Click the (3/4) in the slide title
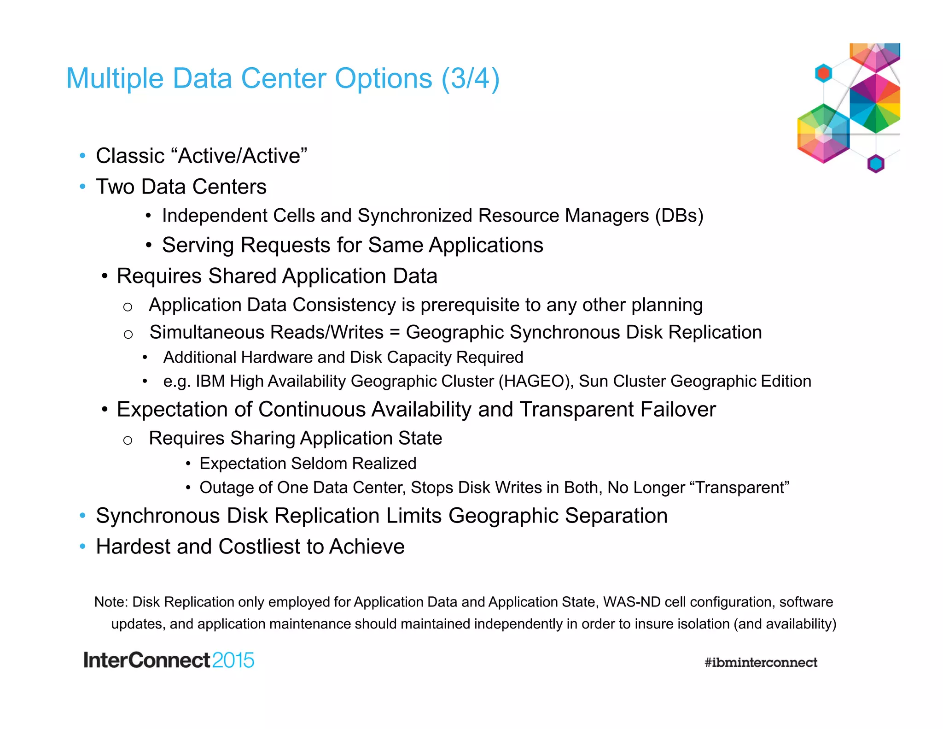point(470,78)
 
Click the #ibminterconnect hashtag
point(761,663)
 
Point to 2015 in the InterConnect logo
point(233,660)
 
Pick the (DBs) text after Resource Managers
point(679,216)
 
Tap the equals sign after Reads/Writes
point(394,332)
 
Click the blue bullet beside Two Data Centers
point(82,187)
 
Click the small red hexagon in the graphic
point(823,73)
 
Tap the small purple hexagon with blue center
point(876,164)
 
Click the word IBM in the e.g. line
point(210,382)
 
